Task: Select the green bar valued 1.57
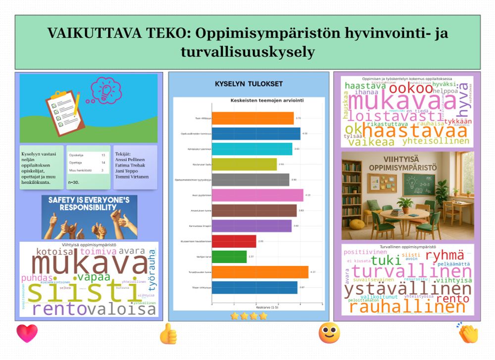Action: point(229,257)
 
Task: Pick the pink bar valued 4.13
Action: point(257,195)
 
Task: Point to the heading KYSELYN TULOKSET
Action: point(248,84)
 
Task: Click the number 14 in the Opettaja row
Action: point(103,162)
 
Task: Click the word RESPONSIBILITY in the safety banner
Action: point(90,208)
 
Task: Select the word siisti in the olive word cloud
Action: point(79,290)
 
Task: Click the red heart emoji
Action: point(27,333)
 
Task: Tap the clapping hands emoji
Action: point(468,333)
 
